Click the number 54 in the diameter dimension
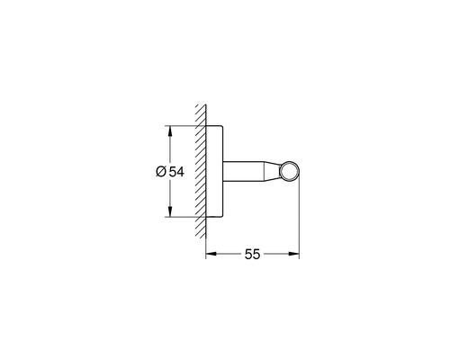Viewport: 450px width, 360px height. click(176, 172)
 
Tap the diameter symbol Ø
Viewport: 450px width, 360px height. click(161, 172)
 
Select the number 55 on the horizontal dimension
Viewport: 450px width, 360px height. click(252, 255)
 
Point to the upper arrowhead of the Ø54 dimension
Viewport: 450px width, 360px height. click(170, 131)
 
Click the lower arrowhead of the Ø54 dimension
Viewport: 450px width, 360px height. click(170, 211)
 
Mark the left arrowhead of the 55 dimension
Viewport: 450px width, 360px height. click(211, 254)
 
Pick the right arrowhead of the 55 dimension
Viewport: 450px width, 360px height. click(294, 254)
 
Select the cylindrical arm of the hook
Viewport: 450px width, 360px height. click(243, 172)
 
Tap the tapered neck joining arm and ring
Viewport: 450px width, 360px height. click(273, 172)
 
